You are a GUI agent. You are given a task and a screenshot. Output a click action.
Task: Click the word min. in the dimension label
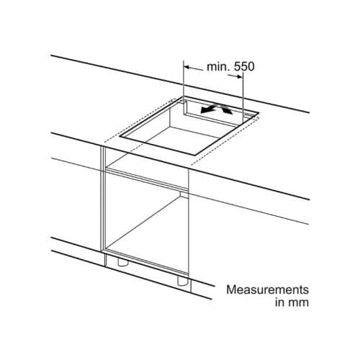coord(218,67)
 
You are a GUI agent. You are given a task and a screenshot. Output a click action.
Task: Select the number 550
coord(244,67)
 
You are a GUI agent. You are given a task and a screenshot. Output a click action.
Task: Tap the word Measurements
coord(268,289)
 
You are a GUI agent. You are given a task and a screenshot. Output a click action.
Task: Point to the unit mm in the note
coord(298,303)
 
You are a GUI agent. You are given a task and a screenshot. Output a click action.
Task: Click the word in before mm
coord(280,302)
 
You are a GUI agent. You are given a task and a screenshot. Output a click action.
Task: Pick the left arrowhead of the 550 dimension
coord(187,67)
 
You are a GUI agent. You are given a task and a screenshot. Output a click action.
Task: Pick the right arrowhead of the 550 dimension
coord(239,77)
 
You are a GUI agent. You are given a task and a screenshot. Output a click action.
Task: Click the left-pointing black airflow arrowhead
coord(205,111)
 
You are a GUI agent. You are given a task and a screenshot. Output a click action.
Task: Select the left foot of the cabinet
coord(122,262)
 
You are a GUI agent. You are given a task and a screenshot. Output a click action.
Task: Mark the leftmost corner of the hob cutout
coord(120,137)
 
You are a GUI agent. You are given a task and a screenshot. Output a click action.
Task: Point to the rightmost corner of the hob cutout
coord(258,112)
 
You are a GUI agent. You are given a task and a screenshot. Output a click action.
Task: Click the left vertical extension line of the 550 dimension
coord(184,81)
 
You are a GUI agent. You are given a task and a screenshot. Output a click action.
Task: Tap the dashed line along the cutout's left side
coord(138,120)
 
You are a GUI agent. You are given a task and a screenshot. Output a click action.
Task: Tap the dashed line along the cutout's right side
coord(225,141)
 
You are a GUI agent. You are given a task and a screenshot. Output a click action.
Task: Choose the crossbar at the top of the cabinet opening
coord(147,179)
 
